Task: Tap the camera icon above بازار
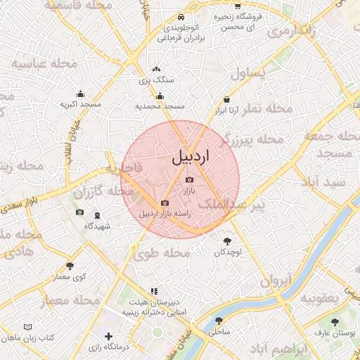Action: point(188,180)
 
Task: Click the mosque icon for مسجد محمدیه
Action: point(160,96)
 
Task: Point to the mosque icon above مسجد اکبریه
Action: point(80,94)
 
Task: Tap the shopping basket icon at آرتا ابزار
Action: point(226,100)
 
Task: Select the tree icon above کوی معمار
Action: point(70,266)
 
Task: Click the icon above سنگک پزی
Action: point(156,70)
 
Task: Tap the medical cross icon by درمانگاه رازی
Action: point(108,337)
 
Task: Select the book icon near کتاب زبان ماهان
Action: point(27,328)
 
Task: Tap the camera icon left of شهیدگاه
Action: point(79,212)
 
